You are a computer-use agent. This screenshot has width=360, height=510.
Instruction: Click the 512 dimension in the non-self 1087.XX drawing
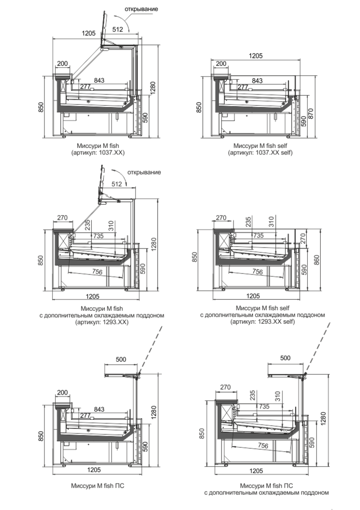118,30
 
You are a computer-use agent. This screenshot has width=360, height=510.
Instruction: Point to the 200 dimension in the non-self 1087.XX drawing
63,63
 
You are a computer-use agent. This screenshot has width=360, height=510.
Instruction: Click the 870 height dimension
311,114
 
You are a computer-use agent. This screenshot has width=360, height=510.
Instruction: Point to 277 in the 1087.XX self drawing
243,87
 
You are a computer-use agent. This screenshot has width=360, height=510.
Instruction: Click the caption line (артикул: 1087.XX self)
260,152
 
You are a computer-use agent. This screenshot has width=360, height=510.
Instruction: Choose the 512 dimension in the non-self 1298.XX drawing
117,184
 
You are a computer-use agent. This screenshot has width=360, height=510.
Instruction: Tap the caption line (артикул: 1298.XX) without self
102,322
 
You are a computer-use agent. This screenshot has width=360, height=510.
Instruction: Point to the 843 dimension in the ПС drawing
99,409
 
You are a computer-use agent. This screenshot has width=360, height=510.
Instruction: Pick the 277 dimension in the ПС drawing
85,416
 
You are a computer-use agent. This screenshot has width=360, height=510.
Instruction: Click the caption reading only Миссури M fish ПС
98,485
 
